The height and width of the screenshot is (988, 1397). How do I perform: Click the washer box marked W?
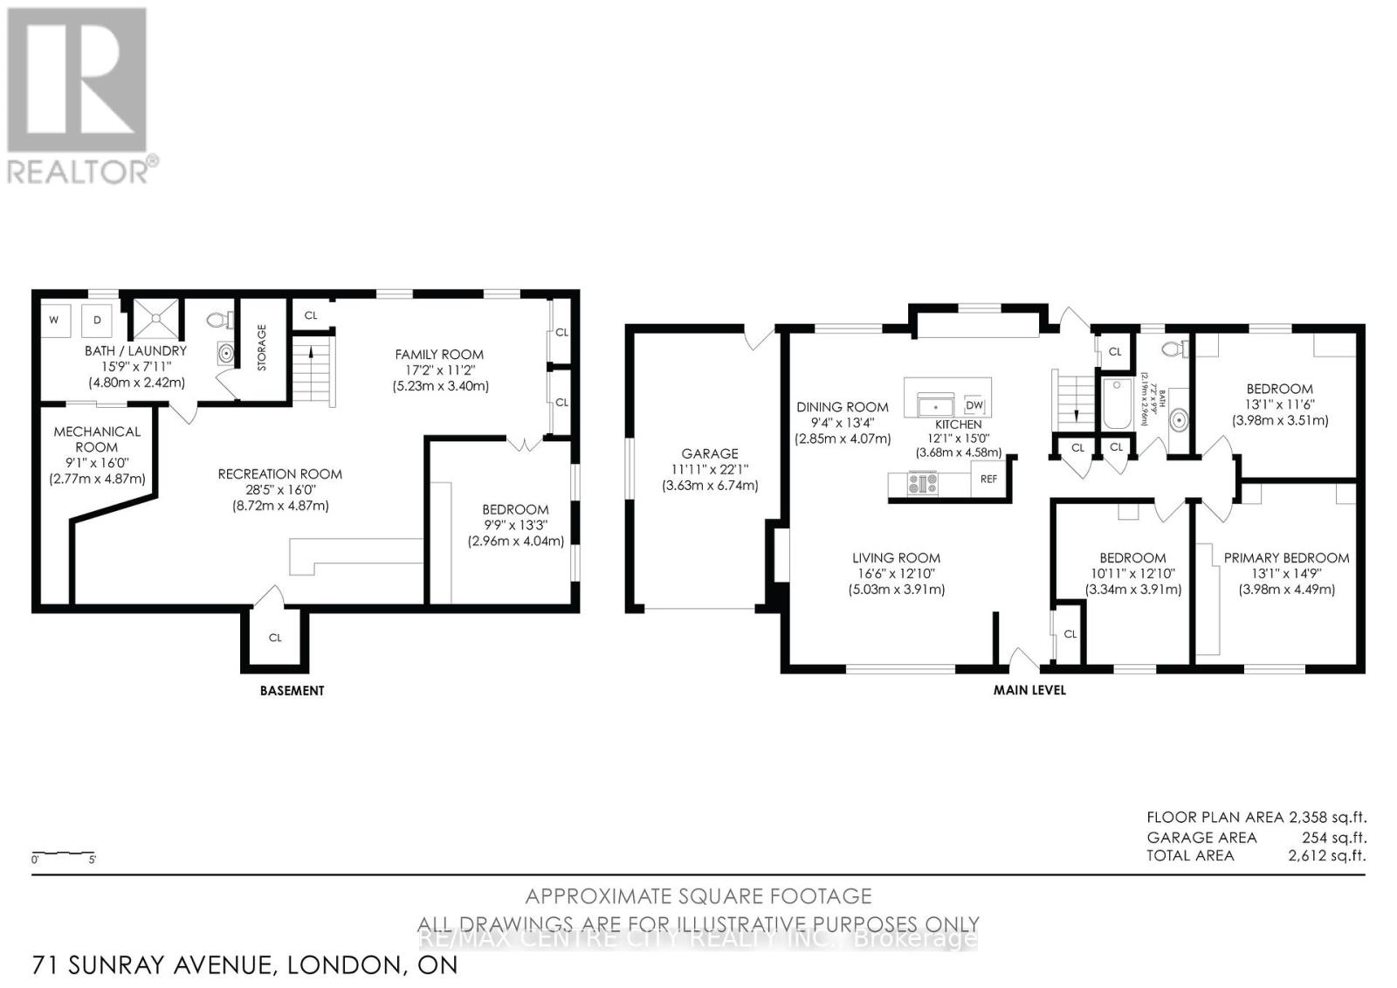(x=54, y=321)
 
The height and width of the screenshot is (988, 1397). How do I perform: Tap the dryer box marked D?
(x=97, y=321)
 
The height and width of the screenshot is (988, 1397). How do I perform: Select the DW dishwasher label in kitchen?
(x=974, y=405)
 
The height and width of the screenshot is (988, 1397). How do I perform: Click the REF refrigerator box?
(x=988, y=479)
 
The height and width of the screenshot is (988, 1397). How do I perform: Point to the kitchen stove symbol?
(x=922, y=483)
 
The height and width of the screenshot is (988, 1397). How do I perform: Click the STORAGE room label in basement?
(x=262, y=348)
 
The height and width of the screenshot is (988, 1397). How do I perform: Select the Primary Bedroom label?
(x=1286, y=557)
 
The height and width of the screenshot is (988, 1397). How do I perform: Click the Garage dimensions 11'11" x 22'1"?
(x=710, y=469)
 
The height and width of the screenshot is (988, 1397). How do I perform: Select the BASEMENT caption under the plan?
(x=292, y=690)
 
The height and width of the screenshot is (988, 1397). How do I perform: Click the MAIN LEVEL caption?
(x=1029, y=689)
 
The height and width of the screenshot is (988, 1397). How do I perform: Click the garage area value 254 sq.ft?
(x=1335, y=837)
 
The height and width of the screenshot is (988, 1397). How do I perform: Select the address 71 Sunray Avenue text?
(x=244, y=964)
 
